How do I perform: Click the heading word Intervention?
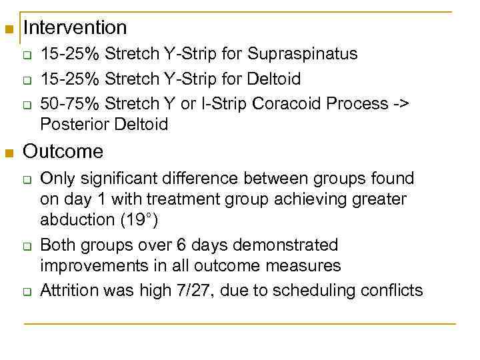75,28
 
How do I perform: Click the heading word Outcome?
63,152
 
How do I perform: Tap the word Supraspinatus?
304,54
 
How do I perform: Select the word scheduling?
317,290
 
